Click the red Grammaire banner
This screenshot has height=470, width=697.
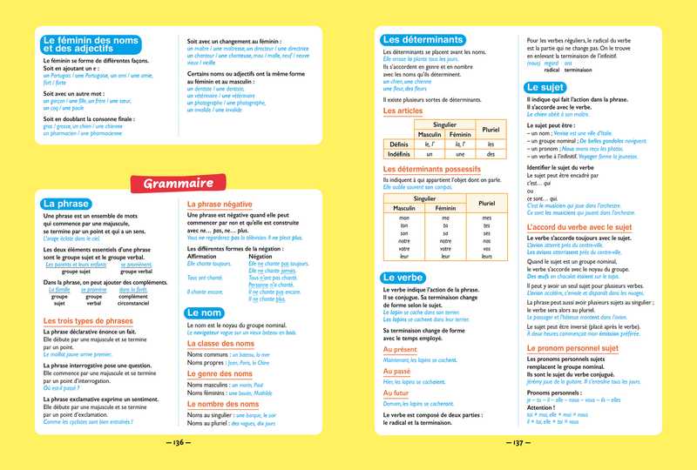coord(179,183)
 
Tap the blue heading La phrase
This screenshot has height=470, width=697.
coord(67,204)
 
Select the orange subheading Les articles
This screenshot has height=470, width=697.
coord(403,111)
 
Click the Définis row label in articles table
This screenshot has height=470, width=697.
coord(400,144)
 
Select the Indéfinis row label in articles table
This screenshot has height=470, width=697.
coord(400,154)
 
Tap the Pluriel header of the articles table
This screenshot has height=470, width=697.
coord(491,129)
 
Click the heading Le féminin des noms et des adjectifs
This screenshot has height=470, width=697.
coord(98,46)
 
